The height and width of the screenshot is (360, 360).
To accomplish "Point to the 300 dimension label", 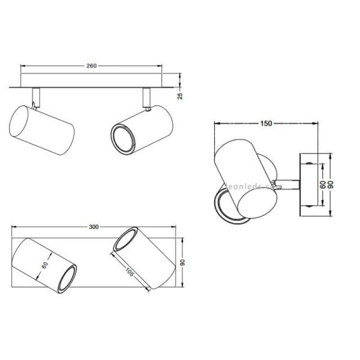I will pyautogui.click(x=93, y=227).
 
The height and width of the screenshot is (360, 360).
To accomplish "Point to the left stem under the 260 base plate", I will pyautogui.click(x=37, y=96).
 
